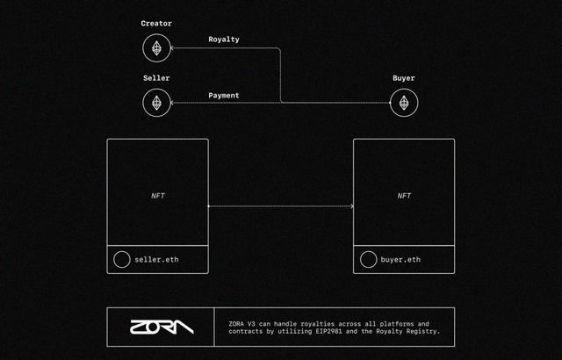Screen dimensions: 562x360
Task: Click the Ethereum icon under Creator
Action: point(156,48)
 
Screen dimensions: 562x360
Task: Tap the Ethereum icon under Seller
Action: point(156,103)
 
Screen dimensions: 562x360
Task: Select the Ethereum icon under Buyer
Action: point(404,103)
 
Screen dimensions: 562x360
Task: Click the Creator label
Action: point(156,23)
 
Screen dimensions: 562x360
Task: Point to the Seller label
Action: point(156,77)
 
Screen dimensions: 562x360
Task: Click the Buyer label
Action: point(404,77)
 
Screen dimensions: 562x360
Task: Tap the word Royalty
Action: point(224,40)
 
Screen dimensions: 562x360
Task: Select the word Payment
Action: point(224,95)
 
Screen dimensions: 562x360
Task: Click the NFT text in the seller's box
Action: point(158,195)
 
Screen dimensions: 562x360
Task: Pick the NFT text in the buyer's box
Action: point(404,195)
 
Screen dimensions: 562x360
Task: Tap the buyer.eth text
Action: point(400,260)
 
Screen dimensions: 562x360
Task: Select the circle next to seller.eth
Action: point(121,260)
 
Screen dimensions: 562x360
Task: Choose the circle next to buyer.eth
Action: point(368,260)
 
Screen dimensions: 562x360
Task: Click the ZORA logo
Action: point(161,327)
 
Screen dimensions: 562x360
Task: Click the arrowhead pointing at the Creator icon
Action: point(173,48)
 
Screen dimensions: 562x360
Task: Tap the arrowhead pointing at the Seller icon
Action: point(173,103)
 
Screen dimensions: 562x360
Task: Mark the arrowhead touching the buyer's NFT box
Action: point(351,206)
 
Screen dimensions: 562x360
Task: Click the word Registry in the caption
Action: point(421,332)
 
